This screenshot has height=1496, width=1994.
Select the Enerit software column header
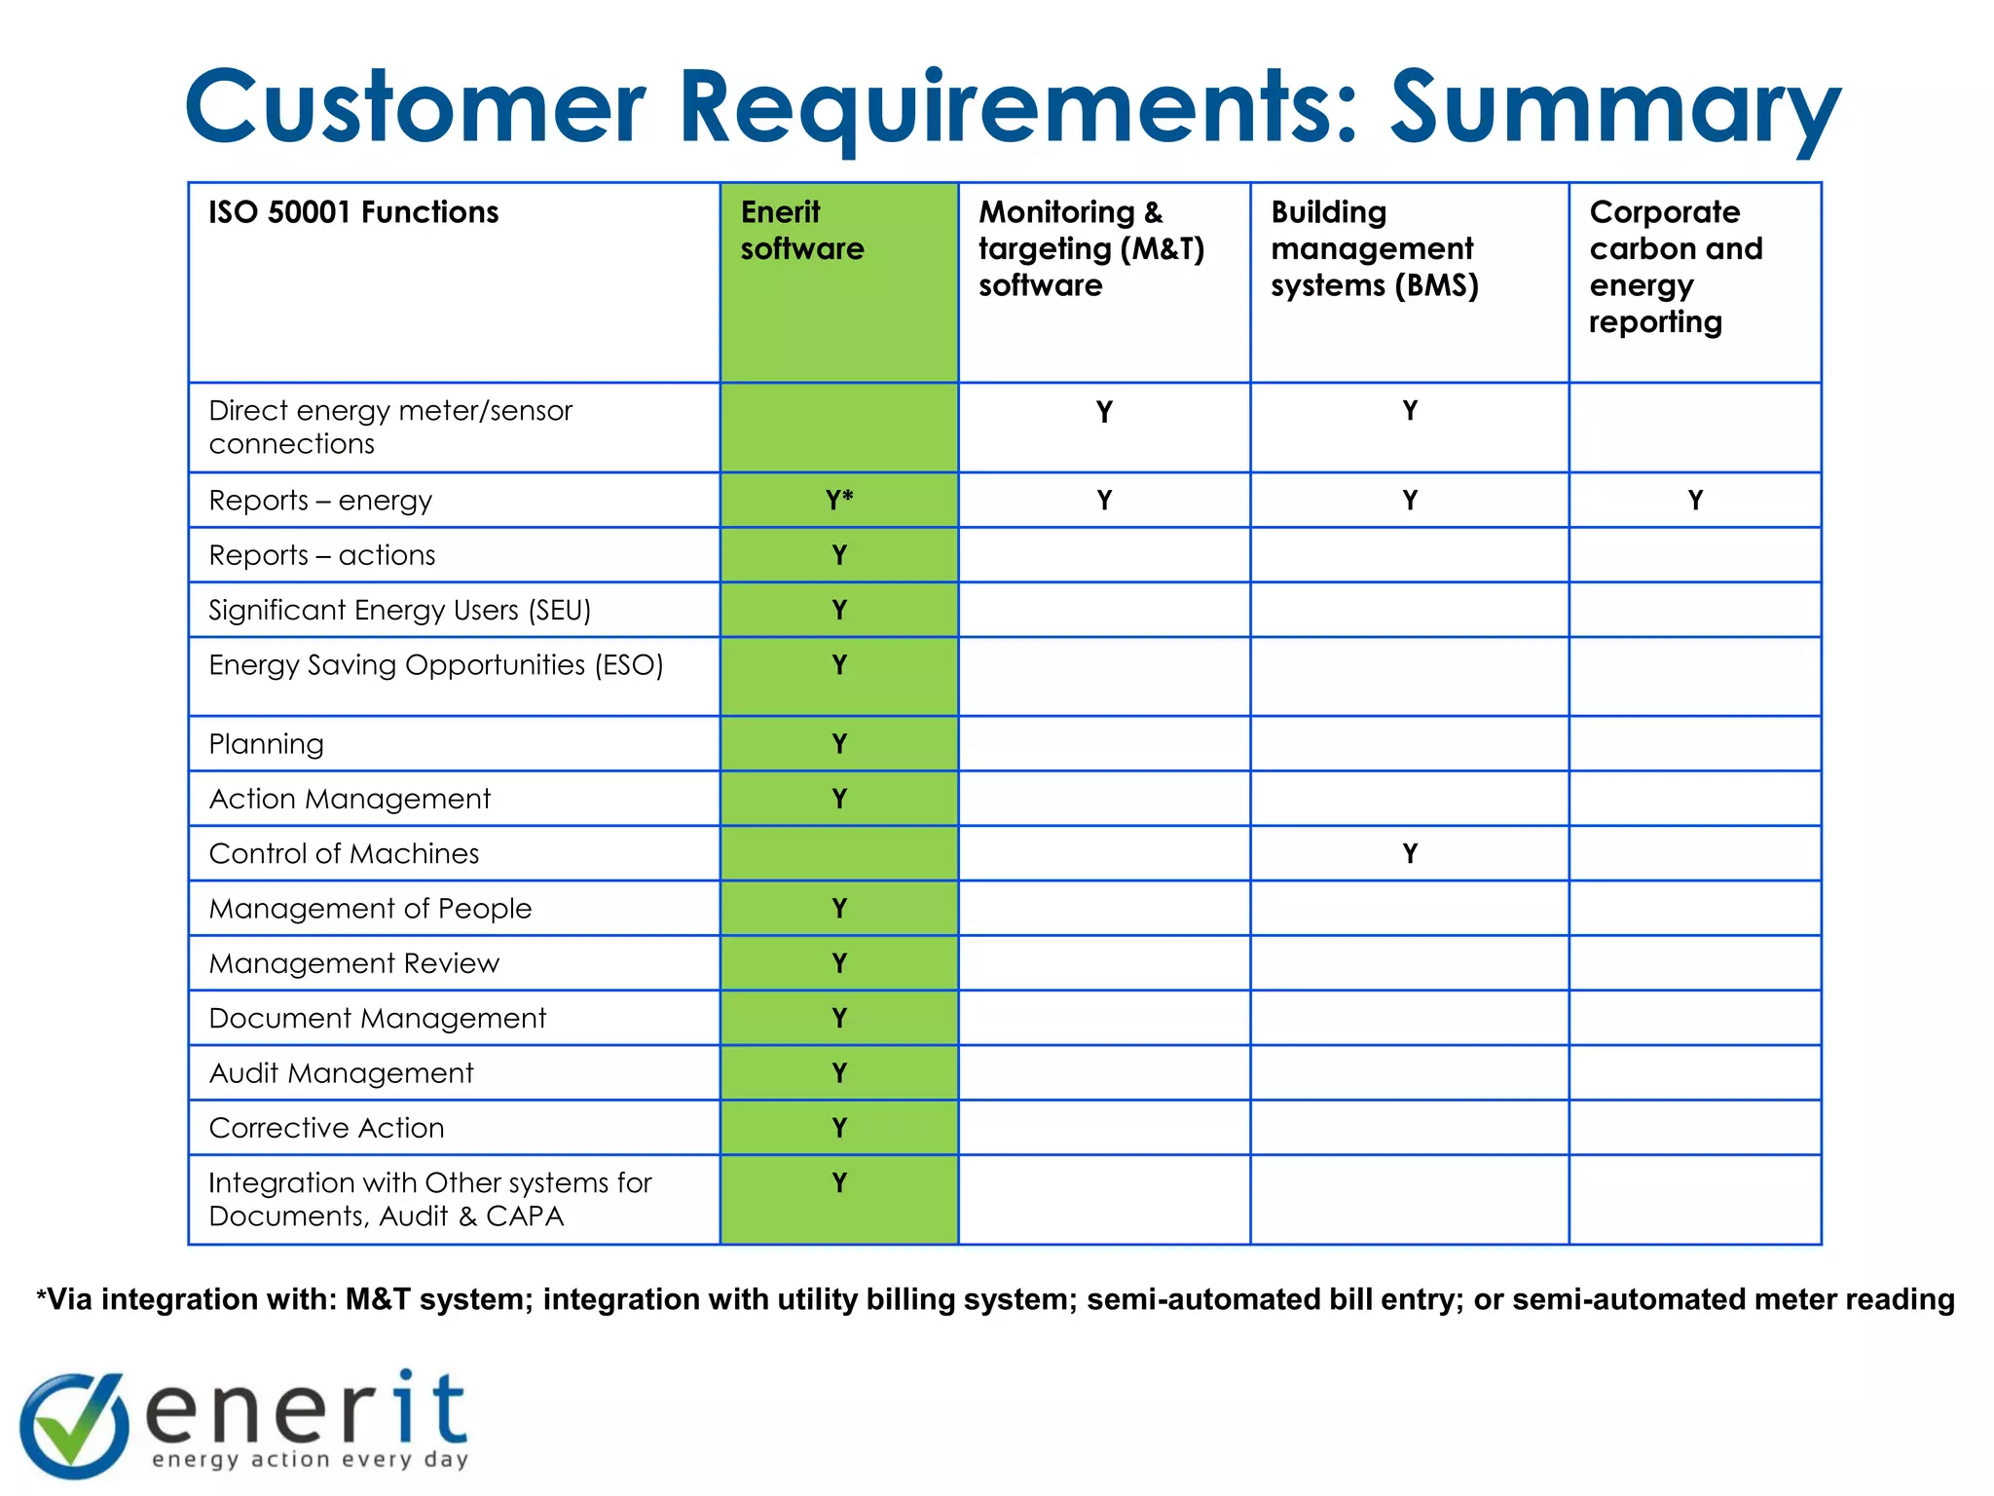[801, 230]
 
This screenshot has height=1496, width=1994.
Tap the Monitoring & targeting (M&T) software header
[1091, 248]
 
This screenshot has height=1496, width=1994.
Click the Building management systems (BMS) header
[1374, 248]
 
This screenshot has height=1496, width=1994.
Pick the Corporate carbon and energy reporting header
[1675, 266]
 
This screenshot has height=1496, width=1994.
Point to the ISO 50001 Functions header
[353, 212]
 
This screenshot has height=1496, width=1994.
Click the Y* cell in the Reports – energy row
[838, 500]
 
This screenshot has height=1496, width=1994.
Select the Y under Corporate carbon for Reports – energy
[1695, 500]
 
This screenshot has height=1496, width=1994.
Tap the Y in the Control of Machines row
[1410, 853]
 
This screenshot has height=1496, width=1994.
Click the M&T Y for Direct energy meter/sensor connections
[1104, 412]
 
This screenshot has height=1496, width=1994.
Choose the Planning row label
[266, 744]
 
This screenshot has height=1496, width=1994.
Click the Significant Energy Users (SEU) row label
[399, 610]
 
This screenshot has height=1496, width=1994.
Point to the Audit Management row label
[341, 1072]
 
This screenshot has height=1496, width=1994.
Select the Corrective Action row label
[326, 1128]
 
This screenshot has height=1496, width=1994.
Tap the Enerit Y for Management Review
[838, 963]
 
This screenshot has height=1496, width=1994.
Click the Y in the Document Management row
[838, 1018]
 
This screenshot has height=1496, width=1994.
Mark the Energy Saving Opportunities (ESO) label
[435, 665]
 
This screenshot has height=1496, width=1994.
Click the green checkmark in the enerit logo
[74, 1424]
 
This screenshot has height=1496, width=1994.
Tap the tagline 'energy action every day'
[310, 1459]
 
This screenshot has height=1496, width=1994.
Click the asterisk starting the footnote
[41, 1296]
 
